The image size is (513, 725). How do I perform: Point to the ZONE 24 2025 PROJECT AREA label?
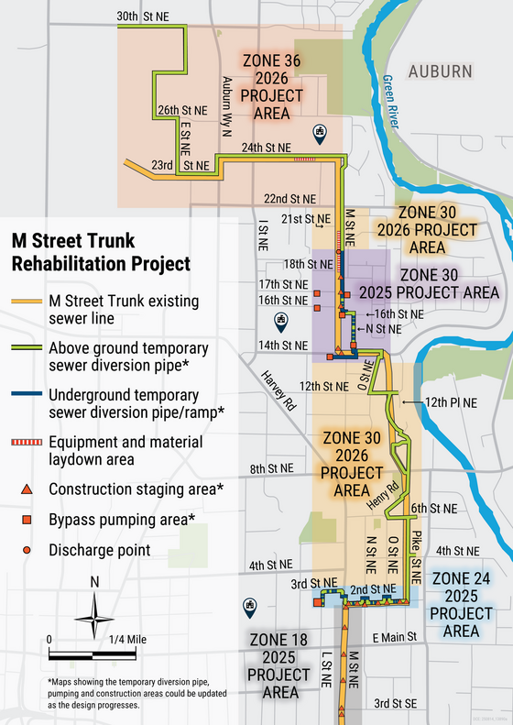tap(466, 604)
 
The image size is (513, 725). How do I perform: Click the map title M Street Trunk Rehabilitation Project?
tap(100, 252)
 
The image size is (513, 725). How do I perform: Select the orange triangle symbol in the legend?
tap(28, 489)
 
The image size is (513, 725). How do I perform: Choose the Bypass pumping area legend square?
tap(28, 520)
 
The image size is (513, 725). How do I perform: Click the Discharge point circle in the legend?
tap(28, 551)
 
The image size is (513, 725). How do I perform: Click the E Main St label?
tap(395, 636)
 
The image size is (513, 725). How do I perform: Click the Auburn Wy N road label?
tap(225, 107)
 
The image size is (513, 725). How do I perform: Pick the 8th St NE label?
tap(272, 469)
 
